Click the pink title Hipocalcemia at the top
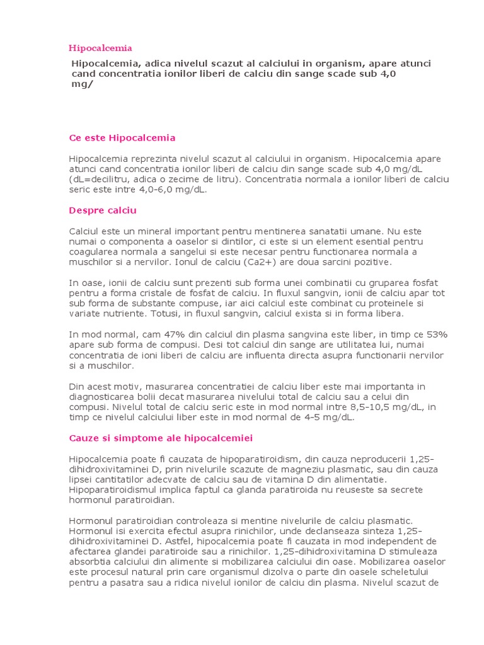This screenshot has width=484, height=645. [100, 48]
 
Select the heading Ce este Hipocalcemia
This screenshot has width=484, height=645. [122, 137]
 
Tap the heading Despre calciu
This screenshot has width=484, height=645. [103, 210]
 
